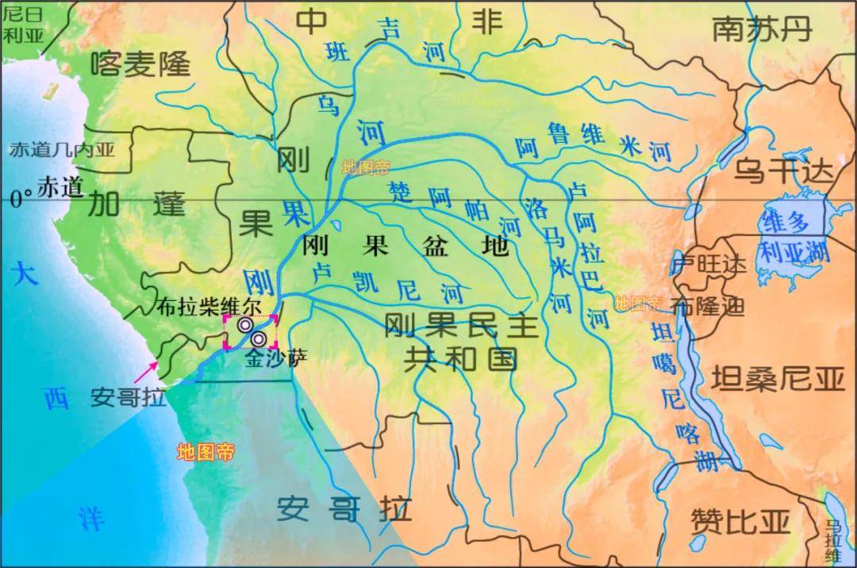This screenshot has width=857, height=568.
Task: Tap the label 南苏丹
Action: [x=761, y=29]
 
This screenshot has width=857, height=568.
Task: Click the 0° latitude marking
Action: [x=21, y=199]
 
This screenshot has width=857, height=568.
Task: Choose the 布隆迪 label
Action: [x=709, y=306]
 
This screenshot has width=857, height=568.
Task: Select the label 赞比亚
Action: [x=740, y=521]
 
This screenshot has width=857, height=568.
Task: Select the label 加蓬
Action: [x=136, y=205]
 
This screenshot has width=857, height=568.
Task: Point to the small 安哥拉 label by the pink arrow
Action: [x=128, y=396]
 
